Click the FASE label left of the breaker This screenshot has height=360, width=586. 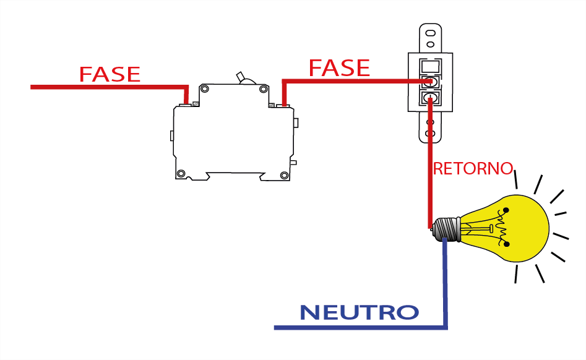(x=110, y=74)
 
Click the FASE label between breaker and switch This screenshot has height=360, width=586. (x=339, y=67)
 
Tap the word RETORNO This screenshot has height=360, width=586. (x=473, y=168)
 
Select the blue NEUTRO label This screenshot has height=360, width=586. (x=359, y=312)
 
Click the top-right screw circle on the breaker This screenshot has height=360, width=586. (x=264, y=90)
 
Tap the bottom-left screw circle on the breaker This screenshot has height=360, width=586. (x=181, y=174)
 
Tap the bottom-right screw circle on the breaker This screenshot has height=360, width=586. (x=285, y=174)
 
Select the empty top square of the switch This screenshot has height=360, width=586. (x=431, y=66)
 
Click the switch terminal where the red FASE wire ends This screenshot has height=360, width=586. (x=431, y=82)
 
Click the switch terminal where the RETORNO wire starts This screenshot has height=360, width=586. (x=431, y=97)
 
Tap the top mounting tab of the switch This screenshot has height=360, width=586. (x=431, y=37)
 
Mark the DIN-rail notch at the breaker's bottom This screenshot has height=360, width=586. (x=233, y=176)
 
